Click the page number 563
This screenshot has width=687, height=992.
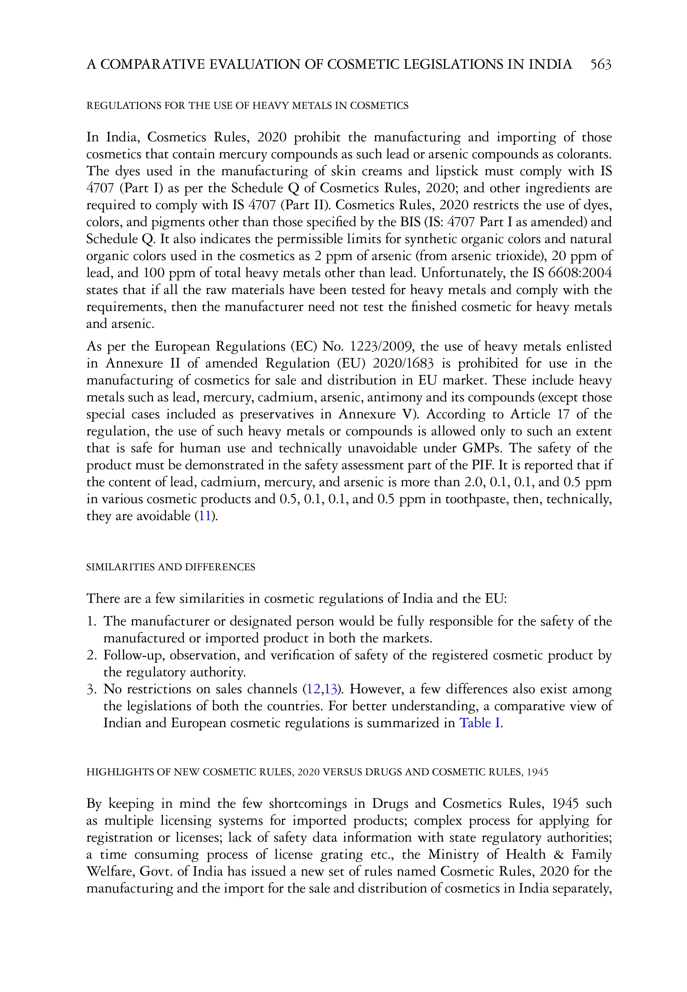click(601, 65)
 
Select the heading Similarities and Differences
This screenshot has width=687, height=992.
click(171, 567)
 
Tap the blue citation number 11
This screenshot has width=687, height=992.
click(204, 516)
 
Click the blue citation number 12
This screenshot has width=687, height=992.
click(313, 689)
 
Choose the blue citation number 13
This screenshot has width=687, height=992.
click(330, 689)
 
